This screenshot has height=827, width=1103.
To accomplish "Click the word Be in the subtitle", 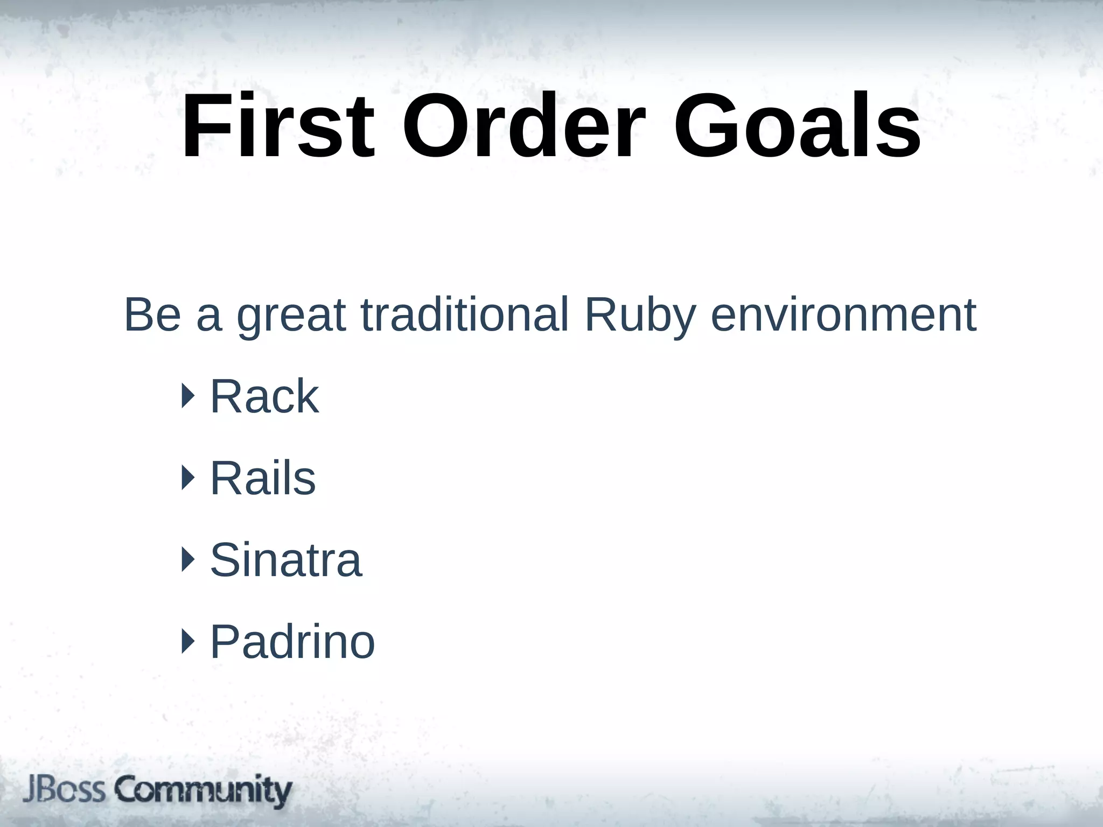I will [x=152, y=315].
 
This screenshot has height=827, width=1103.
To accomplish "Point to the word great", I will [x=291, y=318].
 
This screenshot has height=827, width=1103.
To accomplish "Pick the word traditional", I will [x=464, y=315].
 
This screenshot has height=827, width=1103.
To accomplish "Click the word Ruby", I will [x=640, y=318].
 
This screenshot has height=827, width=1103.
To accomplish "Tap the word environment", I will [x=843, y=315].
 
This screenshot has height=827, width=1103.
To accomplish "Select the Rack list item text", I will [x=264, y=397].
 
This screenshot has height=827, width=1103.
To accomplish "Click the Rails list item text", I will [x=262, y=479].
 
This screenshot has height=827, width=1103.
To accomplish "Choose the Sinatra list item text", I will [x=285, y=560].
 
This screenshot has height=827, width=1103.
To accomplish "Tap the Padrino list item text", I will [x=292, y=642].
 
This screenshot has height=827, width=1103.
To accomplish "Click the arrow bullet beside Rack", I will [x=187, y=396].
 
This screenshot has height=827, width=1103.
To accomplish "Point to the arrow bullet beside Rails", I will [x=187, y=478].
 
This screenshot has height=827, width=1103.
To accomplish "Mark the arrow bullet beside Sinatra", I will [x=187, y=559].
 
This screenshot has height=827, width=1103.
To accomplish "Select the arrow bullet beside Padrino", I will [x=187, y=641].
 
